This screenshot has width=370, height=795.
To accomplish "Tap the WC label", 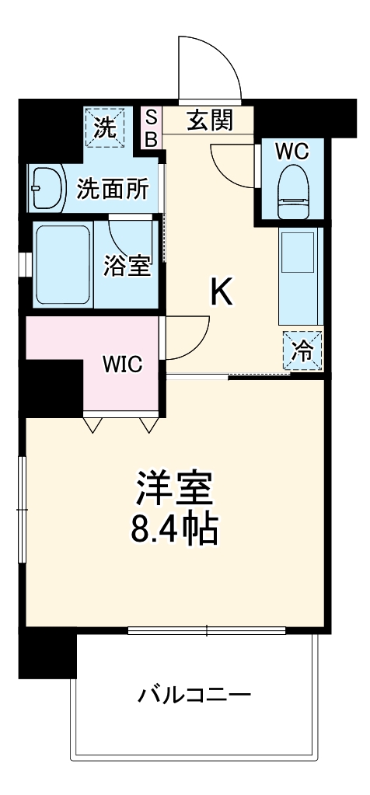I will (292, 151).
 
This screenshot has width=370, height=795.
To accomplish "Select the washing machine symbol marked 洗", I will (105, 127).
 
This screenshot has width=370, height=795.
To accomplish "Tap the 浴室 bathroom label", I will (127, 266).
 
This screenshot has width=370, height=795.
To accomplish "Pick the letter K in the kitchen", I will (222, 293).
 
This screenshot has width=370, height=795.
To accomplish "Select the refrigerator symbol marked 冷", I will (302, 351).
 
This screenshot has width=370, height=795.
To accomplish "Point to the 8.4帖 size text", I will (174, 530).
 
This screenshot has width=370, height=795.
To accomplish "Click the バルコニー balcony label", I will (194, 693).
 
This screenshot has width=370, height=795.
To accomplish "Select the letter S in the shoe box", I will (152, 117).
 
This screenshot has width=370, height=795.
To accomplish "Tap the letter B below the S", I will (152, 138).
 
